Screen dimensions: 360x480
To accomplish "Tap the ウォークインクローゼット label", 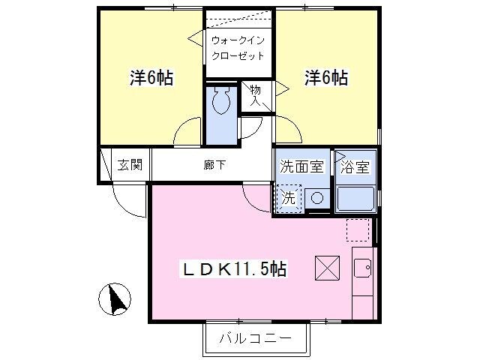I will [x=237, y=48].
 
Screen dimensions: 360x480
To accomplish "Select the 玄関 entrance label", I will [x=130, y=166].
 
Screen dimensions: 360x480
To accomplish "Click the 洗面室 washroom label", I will [x=302, y=167].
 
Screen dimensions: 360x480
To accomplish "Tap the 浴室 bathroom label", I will [x=355, y=167].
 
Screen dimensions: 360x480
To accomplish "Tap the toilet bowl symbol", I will [x=221, y=101].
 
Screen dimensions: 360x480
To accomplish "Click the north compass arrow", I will [x=115, y=301].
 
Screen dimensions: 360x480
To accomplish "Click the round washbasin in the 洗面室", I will [x=316, y=198].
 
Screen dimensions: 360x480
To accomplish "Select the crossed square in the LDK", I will [x=327, y=267].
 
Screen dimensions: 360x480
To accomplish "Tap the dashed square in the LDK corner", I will [x=358, y=229].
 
